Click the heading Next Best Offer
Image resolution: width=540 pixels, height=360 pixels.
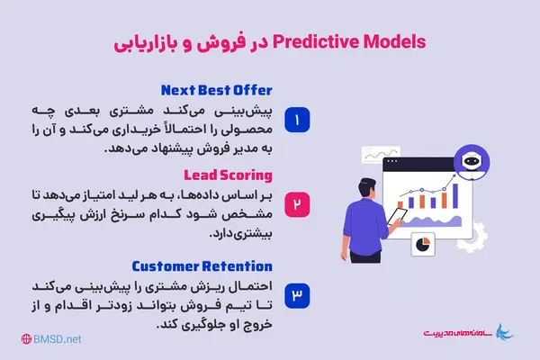pyautogui.click(x=216, y=90)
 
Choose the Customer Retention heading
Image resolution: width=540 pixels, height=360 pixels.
pyautogui.click(x=202, y=265)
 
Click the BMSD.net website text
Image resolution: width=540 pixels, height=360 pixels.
pyautogui.click(x=60, y=339)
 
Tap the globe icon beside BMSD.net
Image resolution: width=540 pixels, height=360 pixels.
pyautogui.click(x=27, y=339)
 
